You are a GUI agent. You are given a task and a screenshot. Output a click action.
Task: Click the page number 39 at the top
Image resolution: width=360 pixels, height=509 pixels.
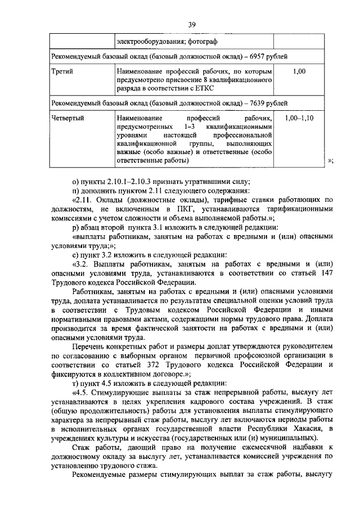point(191,25)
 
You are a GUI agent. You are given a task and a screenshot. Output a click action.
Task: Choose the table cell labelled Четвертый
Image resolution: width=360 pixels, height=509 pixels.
point(68,119)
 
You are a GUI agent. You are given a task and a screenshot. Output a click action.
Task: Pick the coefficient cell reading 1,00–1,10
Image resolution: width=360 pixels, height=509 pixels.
point(299,119)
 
